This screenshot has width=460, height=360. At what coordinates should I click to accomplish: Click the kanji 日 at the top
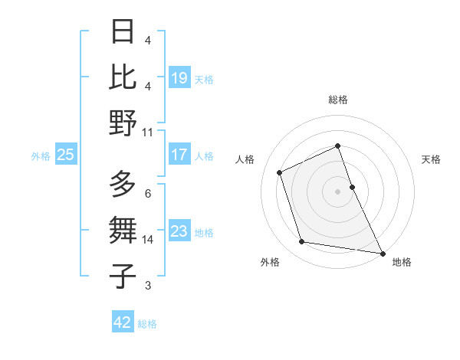pos(123,32)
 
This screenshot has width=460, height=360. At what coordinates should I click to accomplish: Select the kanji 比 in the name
pos(123,77)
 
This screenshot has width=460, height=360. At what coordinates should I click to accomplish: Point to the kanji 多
pos(123,185)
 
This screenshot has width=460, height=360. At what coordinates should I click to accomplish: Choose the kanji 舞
pos(123,230)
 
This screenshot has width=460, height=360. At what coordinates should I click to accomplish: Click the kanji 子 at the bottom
pos(123,274)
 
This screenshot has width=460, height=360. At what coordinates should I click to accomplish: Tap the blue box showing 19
pos(179,77)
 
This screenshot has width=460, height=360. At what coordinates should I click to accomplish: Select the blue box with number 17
pos(179,155)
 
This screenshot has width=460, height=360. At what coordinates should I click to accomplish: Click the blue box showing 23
pos(179,231)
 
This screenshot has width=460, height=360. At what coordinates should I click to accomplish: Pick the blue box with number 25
pos(65,155)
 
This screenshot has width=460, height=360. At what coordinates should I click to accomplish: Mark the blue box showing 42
pos(123,322)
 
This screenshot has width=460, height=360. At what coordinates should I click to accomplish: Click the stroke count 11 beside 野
pos(147,132)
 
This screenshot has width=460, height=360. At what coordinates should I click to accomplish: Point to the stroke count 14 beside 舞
pos(147,240)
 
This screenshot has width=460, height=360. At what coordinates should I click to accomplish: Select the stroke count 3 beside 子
pos(147,286)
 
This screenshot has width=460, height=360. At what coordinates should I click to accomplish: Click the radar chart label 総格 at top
pos(337,100)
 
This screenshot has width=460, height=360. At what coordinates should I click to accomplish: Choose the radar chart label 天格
pos(431,159)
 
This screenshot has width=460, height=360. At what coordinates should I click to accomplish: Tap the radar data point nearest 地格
pos(382,253)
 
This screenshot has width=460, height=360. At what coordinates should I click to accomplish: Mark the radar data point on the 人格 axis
pos(280,172)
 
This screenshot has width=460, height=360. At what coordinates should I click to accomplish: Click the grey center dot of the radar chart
pos(337,191)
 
